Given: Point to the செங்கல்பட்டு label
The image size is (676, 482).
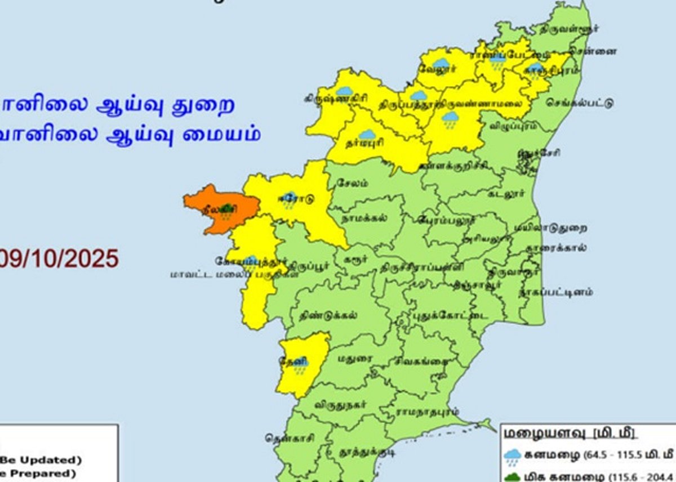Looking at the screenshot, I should pos(579,104).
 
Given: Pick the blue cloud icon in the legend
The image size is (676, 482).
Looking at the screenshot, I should pos(513,456).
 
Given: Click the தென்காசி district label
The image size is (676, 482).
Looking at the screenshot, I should pos(291,437).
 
